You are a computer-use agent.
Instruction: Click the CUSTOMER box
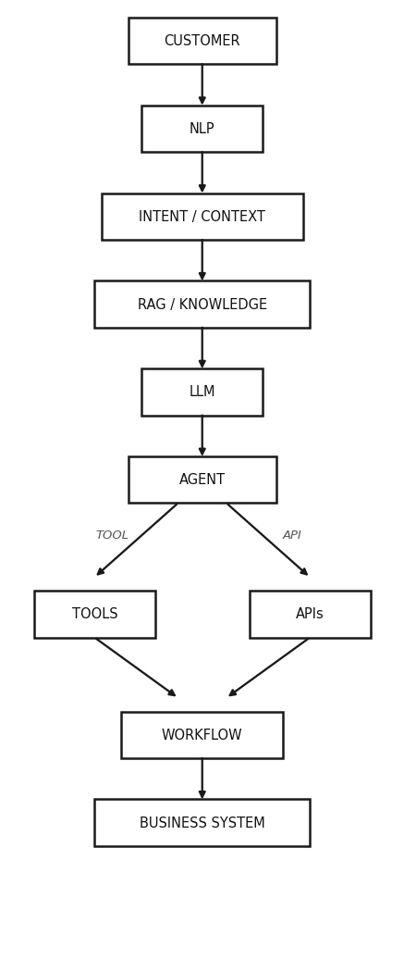(202, 41)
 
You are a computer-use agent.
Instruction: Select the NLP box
(202, 129)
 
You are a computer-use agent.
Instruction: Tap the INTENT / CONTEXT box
(202, 217)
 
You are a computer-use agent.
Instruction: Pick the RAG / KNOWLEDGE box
(202, 305)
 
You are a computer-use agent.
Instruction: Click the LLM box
(202, 392)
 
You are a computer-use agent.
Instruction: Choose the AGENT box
(202, 480)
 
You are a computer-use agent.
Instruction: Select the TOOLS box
(94, 614)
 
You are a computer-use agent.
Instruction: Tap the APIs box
(310, 614)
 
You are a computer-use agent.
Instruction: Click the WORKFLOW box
(202, 735)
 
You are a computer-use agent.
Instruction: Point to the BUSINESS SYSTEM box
(202, 823)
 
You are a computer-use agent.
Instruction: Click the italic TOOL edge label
(112, 535)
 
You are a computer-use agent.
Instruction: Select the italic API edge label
(291, 535)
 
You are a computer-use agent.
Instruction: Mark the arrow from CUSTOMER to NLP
(202, 84)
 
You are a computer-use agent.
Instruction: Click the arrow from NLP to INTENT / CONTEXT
(202, 173)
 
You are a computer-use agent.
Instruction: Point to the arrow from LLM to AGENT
(202, 436)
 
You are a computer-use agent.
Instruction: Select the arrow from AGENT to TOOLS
(137, 540)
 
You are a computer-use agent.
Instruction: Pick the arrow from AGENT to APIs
(268, 540)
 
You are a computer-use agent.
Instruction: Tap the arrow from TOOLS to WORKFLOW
(136, 667)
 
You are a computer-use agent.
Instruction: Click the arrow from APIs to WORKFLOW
(269, 667)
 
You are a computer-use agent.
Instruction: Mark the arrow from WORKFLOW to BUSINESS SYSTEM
(202, 779)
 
